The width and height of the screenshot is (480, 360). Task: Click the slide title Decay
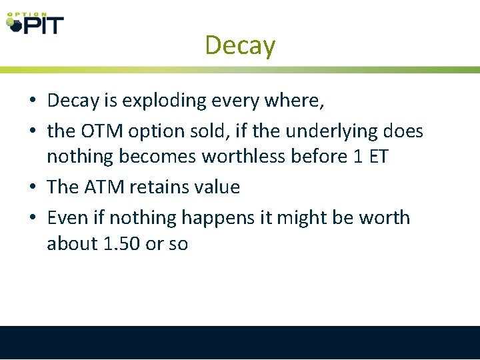[x=240, y=45]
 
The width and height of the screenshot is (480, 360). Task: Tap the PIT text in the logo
[x=43, y=25]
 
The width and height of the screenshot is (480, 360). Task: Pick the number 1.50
[x=122, y=244]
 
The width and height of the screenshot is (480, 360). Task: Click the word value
[x=217, y=187]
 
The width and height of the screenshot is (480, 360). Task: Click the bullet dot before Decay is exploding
[x=32, y=101]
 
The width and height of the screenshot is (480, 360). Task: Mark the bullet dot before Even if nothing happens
[x=32, y=219]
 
